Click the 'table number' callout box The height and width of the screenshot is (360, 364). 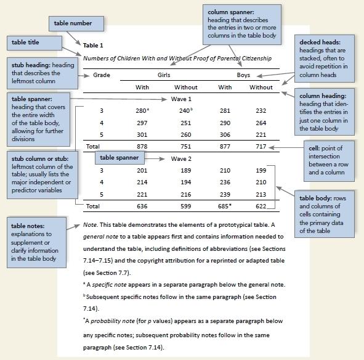point(73,23)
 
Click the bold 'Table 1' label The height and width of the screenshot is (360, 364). point(93,45)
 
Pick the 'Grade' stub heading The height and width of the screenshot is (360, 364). point(102,75)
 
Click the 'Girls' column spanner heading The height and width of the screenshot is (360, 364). point(164,75)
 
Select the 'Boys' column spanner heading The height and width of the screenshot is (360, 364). point(243,75)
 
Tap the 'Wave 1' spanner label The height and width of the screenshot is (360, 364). point(181,99)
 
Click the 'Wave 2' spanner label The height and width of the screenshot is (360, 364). point(181,158)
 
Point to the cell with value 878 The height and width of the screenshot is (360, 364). point(142,146)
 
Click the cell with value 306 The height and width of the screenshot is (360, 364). point(225,134)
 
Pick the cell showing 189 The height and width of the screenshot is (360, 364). point(185,170)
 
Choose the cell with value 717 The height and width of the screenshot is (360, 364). point(261,146)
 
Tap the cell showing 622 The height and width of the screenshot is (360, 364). point(261,205)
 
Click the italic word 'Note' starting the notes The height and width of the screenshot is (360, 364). point(89,224)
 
